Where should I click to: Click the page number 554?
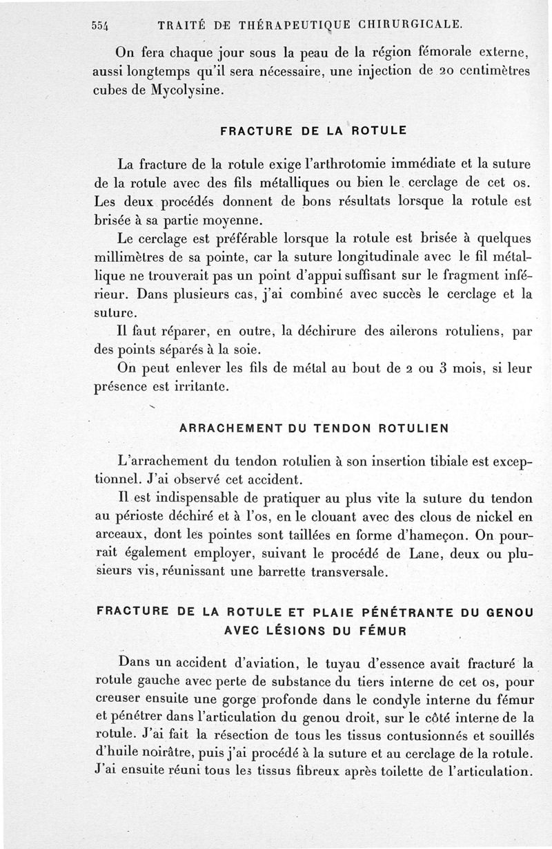(102, 26)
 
